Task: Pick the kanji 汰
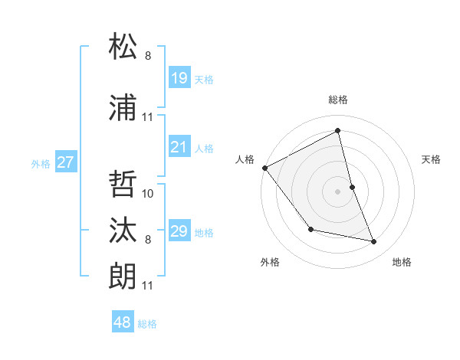123,230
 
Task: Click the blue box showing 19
179,77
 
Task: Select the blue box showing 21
179,147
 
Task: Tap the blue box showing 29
179,231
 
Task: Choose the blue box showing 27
65,162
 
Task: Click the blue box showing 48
123,322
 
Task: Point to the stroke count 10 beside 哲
149,193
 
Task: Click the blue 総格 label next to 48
147,324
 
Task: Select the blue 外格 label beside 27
41,163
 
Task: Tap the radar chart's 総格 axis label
338,100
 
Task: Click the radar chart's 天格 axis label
432,159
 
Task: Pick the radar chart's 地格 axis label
402,262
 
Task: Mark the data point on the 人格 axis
264,168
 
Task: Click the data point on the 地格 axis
374,241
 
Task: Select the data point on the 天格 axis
353,186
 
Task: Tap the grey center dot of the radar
338,191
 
